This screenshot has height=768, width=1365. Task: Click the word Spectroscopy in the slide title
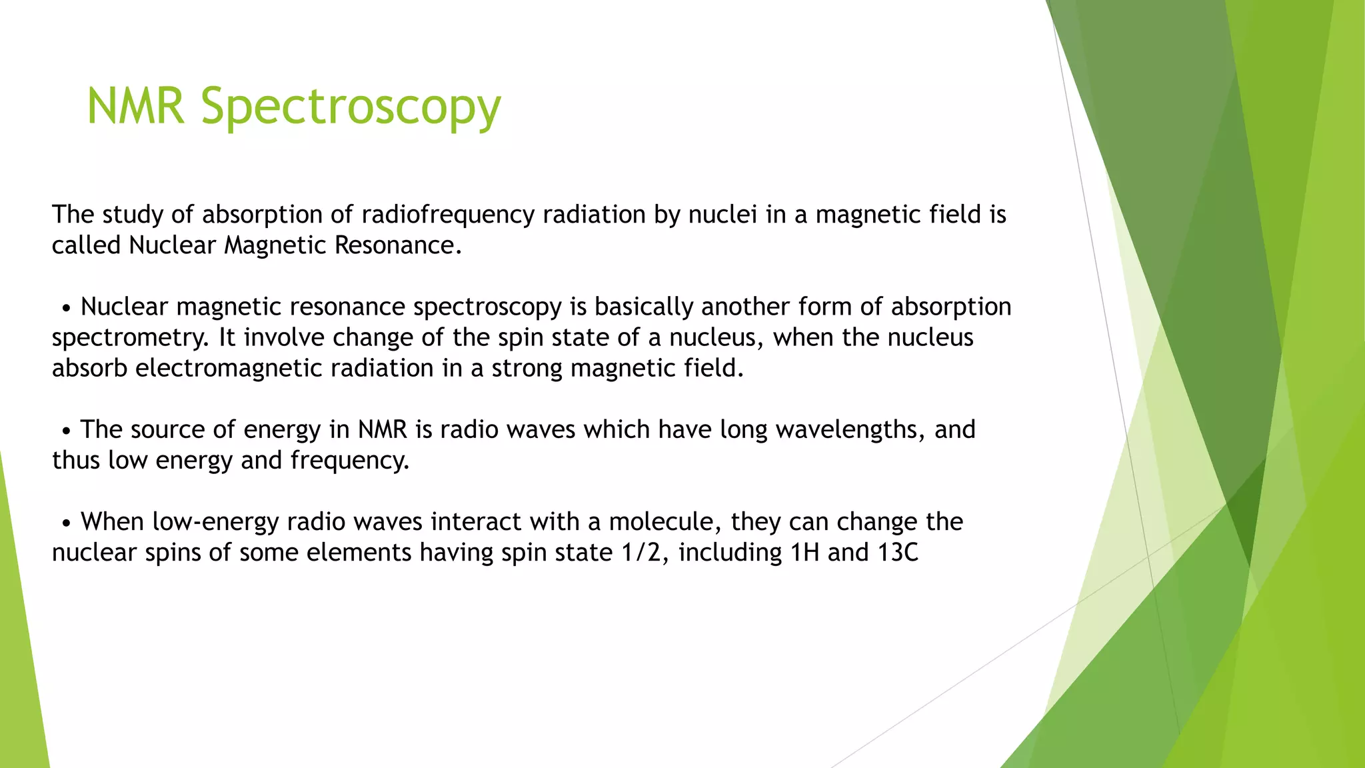[x=351, y=107]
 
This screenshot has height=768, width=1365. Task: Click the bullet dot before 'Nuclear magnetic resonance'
[x=66, y=309]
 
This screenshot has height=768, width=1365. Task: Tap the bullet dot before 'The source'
[x=66, y=431]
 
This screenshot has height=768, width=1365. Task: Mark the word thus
[x=75, y=460]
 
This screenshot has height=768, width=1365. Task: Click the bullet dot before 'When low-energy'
[x=66, y=523]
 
